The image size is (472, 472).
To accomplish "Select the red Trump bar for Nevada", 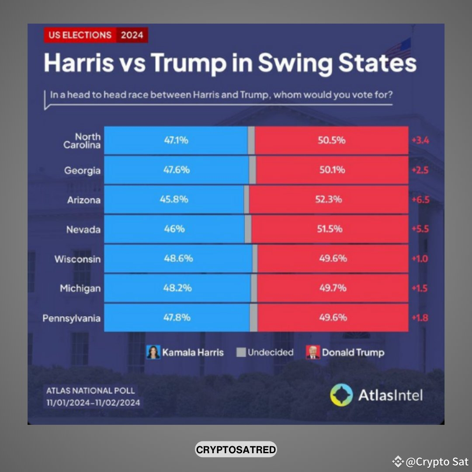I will coord(330,229).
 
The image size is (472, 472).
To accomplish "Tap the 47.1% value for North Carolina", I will coord(176,140).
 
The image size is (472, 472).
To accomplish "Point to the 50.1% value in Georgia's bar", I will coord(332,170).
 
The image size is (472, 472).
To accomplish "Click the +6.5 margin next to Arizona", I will coord(420,200).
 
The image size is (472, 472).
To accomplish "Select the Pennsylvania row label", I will coord(71,318).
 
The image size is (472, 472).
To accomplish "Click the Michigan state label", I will coord(80,288).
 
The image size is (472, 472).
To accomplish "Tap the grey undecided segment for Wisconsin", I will coord(255,259).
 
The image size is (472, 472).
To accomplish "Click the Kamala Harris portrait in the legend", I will coord(153,352).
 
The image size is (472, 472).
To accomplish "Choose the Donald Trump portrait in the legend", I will coord(313,352).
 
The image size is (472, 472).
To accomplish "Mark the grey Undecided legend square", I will coord(241,352).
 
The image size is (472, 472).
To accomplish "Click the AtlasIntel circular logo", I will coord(341,396).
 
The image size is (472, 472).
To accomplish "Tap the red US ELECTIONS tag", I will coord(80,35).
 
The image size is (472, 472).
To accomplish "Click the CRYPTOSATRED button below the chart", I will coord(236,449).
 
